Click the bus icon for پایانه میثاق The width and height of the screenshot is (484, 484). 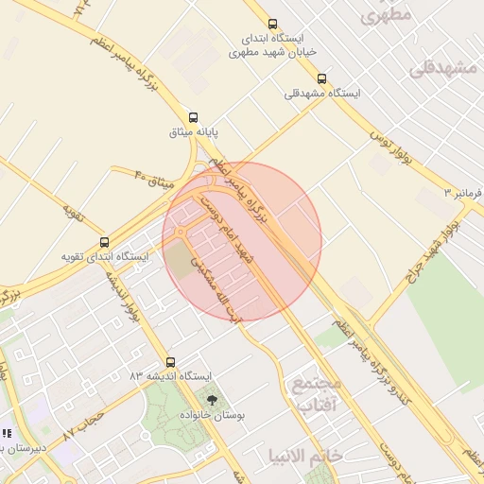pos(193,117)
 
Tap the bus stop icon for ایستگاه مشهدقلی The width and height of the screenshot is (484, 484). pos(322,78)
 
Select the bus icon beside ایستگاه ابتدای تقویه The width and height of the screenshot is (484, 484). pos(104,242)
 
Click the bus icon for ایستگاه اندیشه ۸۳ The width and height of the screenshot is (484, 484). pos(170,361)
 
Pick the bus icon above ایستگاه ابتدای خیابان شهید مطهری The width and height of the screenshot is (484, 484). pos(272,25)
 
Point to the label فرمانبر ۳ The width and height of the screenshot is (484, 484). pos(463,193)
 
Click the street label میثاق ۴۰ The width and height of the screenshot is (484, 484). pos(153,178)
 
